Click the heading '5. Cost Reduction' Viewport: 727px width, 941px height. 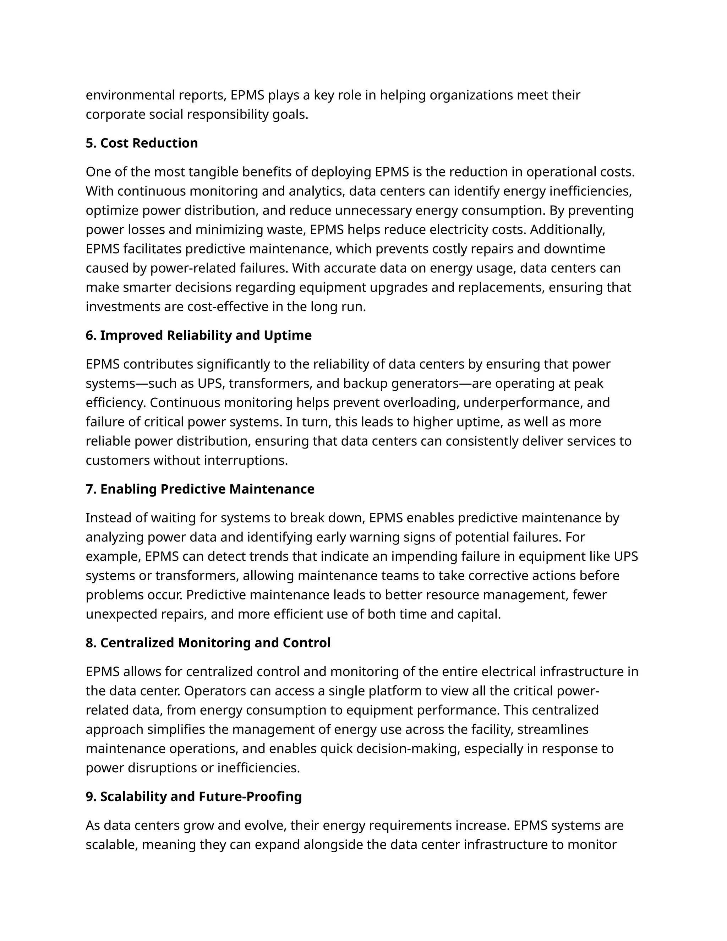pos(142,143)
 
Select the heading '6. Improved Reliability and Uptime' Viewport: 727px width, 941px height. pos(198,335)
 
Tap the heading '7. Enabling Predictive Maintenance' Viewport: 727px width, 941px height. pos(200,489)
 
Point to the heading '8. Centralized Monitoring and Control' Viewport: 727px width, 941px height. pos(208,643)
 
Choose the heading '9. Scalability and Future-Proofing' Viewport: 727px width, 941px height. pos(193,797)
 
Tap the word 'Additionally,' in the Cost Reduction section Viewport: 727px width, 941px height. pos(567,230)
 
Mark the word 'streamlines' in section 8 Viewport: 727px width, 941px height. pos(553,729)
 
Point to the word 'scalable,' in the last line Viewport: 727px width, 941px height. pos(111,845)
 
